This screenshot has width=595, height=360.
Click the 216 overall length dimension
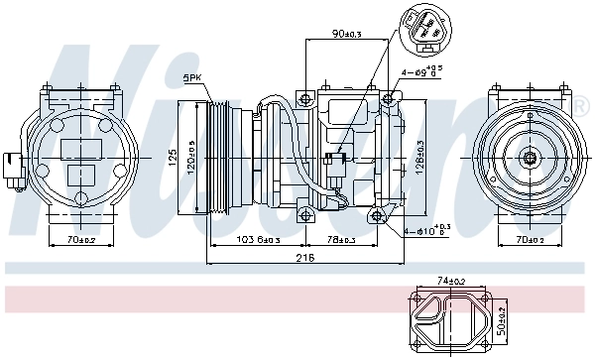[305, 258]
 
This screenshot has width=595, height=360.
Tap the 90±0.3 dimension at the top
[347, 35]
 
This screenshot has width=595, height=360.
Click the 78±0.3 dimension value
[345, 240]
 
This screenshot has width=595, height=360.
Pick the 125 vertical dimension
[170, 157]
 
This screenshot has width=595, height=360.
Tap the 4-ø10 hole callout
[427, 231]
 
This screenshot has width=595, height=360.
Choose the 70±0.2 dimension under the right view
[531, 240]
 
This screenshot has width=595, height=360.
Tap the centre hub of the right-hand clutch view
[531, 156]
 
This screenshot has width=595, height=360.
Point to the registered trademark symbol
[579, 102]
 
